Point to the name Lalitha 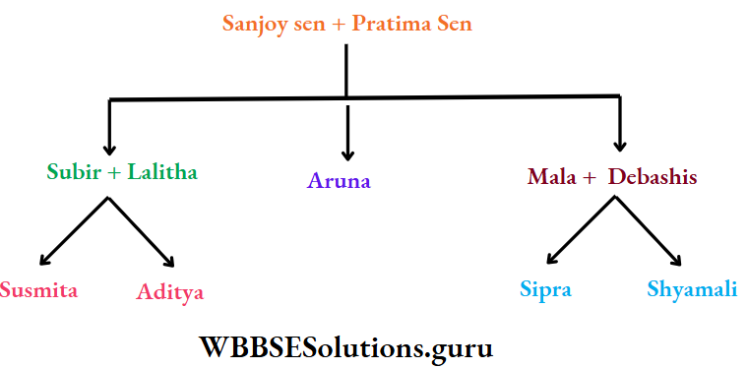[x=161, y=171]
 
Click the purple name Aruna [x=339, y=180]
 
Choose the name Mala [x=552, y=177]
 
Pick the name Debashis [x=652, y=177]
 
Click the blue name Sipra [x=545, y=289]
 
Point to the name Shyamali [x=693, y=289]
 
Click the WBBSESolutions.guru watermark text [x=346, y=346]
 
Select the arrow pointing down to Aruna [x=346, y=133]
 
